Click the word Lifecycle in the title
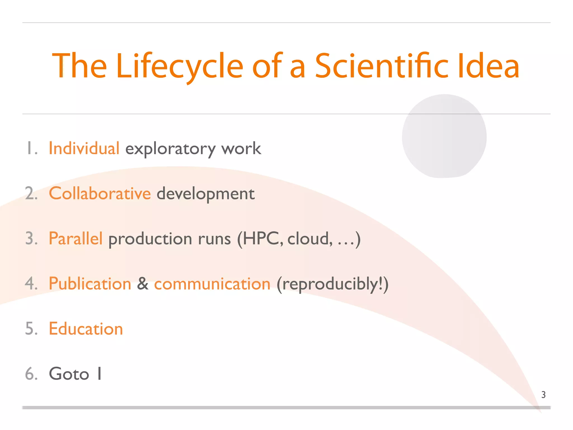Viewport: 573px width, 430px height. [179, 66]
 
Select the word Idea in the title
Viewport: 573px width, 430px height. [488, 66]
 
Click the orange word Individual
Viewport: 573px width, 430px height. [84, 148]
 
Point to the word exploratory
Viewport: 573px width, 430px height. [170, 149]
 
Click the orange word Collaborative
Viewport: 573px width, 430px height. [100, 193]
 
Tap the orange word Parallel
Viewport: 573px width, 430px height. [76, 239]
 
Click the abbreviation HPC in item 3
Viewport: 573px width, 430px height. [261, 239]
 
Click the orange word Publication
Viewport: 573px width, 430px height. [90, 284]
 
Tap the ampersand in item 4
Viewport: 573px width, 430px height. [143, 284]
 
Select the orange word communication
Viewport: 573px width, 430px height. [212, 284]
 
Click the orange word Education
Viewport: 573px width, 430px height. [86, 329]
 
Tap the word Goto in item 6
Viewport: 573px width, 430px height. [69, 374]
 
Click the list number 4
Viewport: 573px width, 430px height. [30, 284]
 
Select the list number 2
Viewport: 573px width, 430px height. [30, 193]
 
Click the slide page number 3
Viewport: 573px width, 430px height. [543, 395]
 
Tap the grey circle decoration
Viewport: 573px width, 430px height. [444, 136]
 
